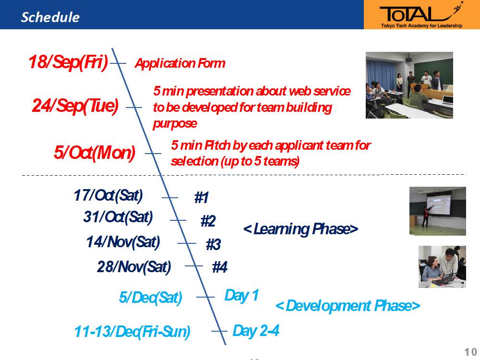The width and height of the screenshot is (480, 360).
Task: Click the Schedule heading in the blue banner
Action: tap(50, 17)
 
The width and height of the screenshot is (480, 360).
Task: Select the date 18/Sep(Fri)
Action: tap(68, 62)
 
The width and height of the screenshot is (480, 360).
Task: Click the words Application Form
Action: tap(180, 63)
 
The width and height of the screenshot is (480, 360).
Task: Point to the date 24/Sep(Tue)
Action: tap(75, 106)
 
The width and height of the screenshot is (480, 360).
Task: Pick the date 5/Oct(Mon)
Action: tap(95, 153)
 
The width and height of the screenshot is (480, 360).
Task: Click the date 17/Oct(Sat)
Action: tap(108, 195)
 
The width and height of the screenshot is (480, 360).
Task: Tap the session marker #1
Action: tap(202, 197)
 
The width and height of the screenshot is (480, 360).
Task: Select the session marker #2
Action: tap(208, 221)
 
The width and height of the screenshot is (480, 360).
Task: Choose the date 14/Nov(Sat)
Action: tap(123, 242)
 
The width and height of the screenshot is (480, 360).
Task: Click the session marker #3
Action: tap(214, 244)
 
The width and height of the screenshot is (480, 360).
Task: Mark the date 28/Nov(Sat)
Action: tap(134, 267)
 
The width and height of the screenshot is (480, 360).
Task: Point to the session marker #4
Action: tap(220, 267)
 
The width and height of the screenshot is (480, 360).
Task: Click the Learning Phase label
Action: tap(300, 229)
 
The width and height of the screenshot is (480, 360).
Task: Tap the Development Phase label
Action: tap(348, 306)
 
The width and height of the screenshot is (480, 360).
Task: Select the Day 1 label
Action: tap(242, 296)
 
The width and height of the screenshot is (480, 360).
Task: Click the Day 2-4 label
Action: tap(256, 331)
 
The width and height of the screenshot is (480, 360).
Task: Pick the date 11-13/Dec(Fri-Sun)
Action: tap(132, 332)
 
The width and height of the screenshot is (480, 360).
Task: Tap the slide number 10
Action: tap(471, 352)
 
